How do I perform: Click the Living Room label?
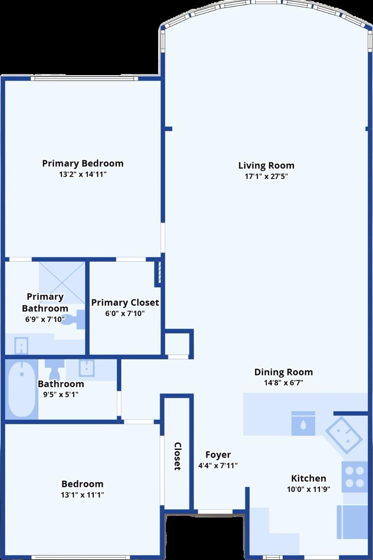[266, 165]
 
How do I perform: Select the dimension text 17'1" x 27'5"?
[266, 177]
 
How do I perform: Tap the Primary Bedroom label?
[83, 163]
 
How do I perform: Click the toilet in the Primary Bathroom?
[75, 320]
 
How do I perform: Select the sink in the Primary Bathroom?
[21, 346]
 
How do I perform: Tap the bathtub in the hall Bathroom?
[22, 389]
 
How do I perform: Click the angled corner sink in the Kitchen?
[344, 435]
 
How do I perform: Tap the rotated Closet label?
[177, 456]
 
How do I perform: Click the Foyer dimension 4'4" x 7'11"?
[218, 466]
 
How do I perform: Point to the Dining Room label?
[283, 372]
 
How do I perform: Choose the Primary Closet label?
[125, 302]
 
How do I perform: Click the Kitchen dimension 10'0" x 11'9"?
[308, 489]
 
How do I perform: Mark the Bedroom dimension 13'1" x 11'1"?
[82, 495]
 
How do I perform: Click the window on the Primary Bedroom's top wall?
[85, 78]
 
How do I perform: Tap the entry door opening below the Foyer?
[215, 512]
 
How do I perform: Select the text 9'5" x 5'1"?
[61, 394]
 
